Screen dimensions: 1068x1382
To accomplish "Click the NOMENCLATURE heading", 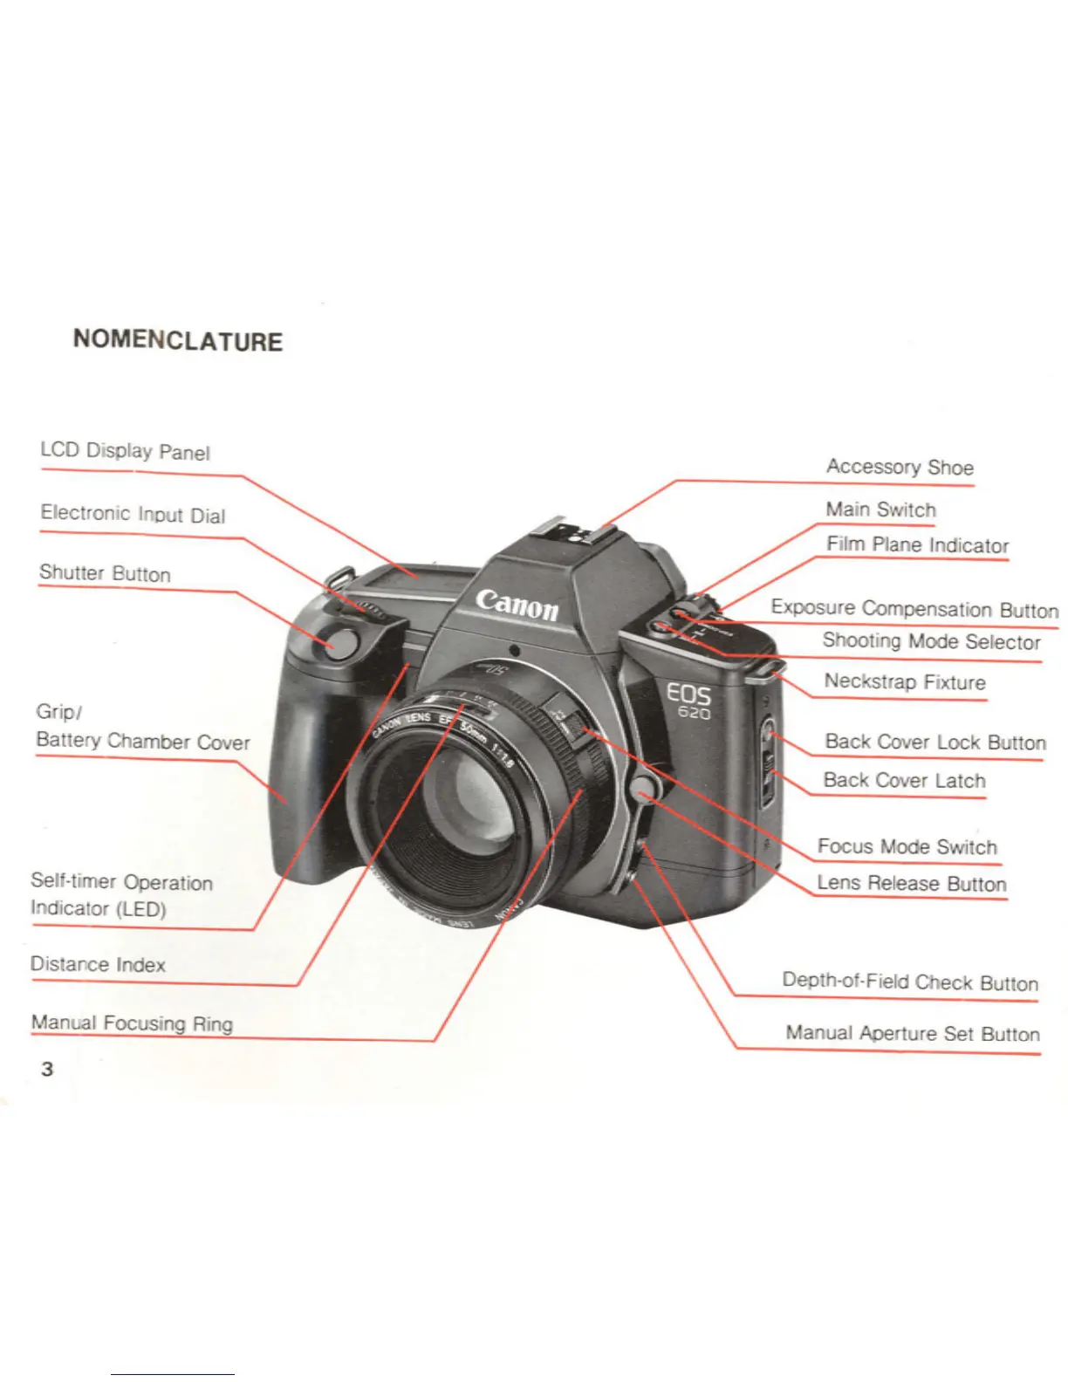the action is [x=178, y=339].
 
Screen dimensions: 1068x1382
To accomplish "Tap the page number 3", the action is [x=47, y=1069].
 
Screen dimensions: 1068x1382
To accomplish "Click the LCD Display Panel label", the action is [x=125, y=451].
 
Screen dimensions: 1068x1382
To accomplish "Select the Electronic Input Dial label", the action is [x=133, y=514].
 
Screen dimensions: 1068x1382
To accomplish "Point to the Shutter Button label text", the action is [x=105, y=573].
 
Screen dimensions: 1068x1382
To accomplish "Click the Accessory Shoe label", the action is [x=900, y=467].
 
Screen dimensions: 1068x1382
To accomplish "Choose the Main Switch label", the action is [x=880, y=510].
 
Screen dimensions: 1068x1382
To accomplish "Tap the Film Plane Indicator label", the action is [x=917, y=545].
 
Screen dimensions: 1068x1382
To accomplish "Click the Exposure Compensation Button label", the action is [x=914, y=608].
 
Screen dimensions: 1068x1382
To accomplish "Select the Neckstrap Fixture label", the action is [x=904, y=681].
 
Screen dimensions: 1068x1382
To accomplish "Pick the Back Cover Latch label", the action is [x=904, y=780].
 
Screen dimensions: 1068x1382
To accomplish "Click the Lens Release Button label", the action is [x=911, y=883].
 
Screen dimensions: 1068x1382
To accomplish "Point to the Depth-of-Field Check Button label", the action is [x=909, y=982].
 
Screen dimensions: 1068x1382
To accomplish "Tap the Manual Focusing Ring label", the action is [x=132, y=1023].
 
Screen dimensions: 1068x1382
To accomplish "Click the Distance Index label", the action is [x=98, y=964].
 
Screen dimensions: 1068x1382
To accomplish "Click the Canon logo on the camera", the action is [x=517, y=604].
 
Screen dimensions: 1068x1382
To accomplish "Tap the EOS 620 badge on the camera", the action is [x=688, y=701].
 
